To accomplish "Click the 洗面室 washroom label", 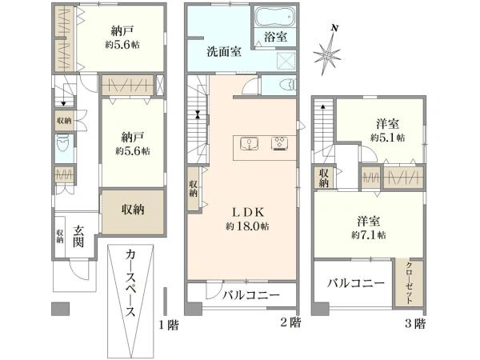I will pyautogui.click(x=224, y=54).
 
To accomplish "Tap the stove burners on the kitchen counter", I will pyautogui.click(x=280, y=145).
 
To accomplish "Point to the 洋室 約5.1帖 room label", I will pyautogui.click(x=387, y=130).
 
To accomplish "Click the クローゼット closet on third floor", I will pyautogui.click(x=410, y=282).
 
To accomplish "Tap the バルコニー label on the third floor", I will pyautogui.click(x=357, y=283).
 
